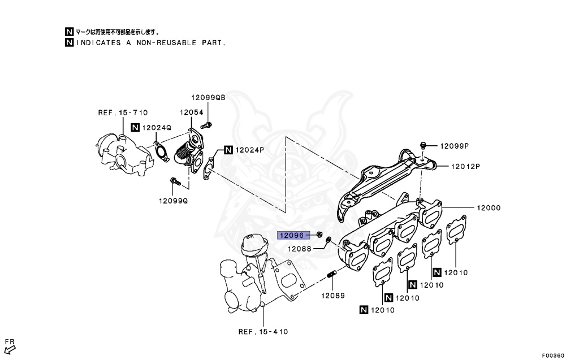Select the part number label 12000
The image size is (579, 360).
[x=488, y=208]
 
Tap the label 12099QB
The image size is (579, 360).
[x=208, y=98]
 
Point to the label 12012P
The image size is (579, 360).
[x=465, y=166]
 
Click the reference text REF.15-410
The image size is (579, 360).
[x=262, y=331]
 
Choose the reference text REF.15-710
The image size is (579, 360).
[x=123, y=112]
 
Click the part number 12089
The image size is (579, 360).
[x=333, y=296]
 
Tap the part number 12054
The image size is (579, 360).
[x=192, y=112]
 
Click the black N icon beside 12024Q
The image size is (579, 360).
[x=136, y=128]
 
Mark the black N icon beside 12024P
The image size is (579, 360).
[x=228, y=150]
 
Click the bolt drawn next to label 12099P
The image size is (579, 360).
[x=423, y=145]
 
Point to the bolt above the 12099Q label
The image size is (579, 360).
[x=174, y=182]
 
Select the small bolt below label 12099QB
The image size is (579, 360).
[x=208, y=124]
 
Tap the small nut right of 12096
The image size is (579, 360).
[x=319, y=234]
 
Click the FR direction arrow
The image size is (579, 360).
[x=9, y=347]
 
